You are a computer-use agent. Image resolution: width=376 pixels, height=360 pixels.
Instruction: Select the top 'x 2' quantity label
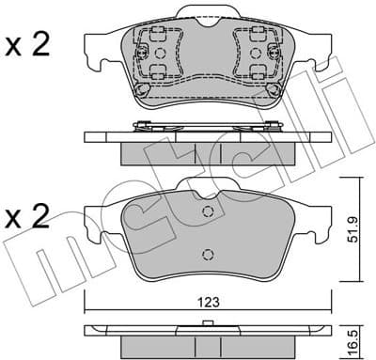(29, 46)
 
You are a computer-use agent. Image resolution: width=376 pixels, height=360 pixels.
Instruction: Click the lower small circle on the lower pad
(207, 253)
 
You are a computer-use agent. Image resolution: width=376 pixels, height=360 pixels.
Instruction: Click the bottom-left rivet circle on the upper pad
(140, 91)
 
